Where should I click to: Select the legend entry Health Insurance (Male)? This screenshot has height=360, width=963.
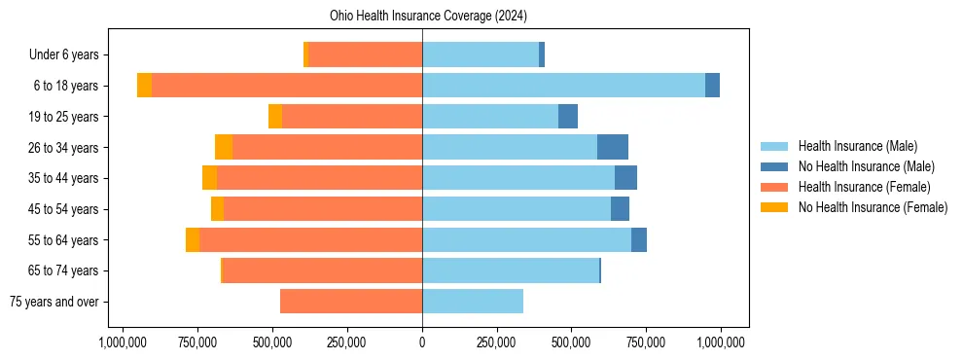tap(857, 146)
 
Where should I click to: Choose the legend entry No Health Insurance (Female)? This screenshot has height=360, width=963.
tap(873, 207)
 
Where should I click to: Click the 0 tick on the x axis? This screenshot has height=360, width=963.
tap(422, 342)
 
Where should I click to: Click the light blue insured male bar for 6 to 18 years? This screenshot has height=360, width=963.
tap(564, 86)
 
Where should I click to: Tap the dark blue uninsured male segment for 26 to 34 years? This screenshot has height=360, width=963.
tap(613, 147)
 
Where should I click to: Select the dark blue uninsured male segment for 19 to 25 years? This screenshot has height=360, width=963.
tap(568, 117)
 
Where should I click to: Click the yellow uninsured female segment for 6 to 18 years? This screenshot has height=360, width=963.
tap(144, 86)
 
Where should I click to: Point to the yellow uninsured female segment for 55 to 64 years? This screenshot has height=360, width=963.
tap(193, 240)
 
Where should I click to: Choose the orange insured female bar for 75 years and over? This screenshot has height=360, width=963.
tap(351, 302)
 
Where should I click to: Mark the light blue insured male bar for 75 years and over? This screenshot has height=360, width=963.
tap(473, 302)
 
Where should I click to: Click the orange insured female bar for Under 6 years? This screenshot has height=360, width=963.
tap(365, 55)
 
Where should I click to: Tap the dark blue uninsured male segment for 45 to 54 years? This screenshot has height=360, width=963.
tap(620, 209)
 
